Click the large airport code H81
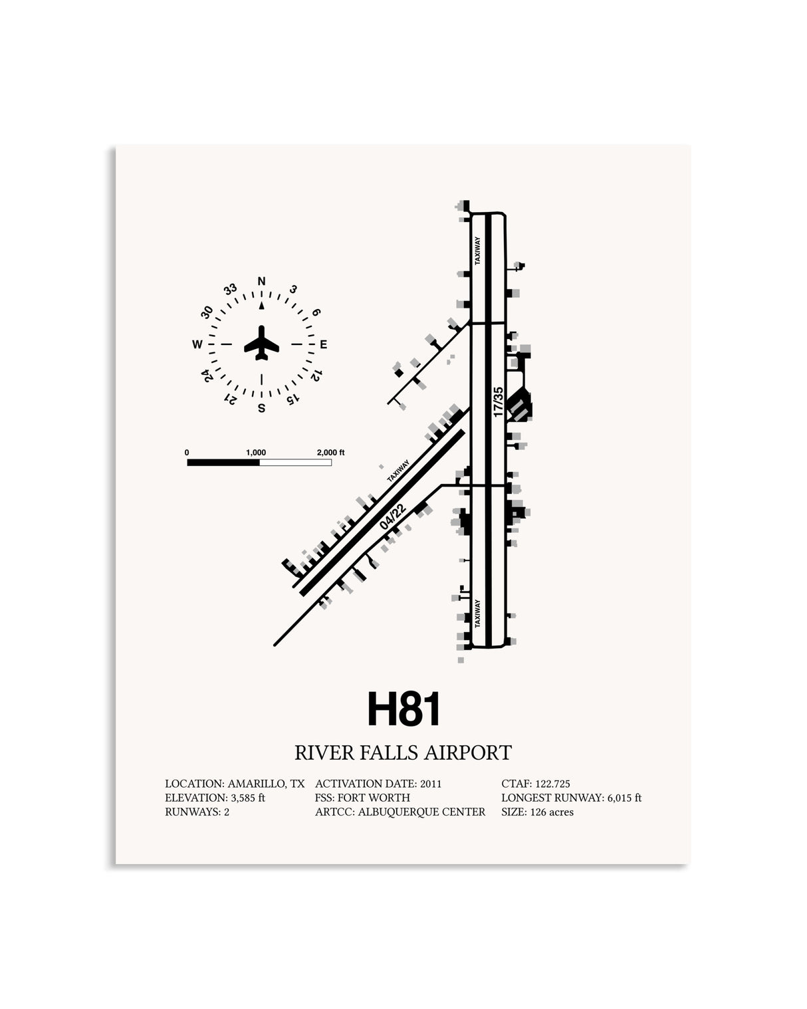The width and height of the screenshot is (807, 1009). click(403, 709)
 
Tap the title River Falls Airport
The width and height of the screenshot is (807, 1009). click(403, 752)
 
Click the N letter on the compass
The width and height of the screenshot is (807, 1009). click(262, 281)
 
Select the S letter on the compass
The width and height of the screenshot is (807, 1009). click(262, 408)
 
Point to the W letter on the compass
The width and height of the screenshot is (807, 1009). click(197, 344)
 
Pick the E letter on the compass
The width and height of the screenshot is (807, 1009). click(323, 344)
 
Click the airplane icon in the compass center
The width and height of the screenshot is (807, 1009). click(262, 343)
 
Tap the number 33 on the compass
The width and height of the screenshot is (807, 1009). click(230, 289)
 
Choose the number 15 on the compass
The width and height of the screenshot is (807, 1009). click(292, 399)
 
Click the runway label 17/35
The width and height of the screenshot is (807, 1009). click(498, 402)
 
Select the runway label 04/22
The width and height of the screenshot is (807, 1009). click(393, 516)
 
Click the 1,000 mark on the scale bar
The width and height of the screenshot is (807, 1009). click(256, 453)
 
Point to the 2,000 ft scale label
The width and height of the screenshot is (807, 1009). click(330, 453)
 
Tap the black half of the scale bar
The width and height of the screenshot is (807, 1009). click(223, 463)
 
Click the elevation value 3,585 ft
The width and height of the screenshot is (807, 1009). click(247, 798)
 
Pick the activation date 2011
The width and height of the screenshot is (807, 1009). click(431, 784)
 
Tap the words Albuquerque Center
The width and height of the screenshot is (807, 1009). click(421, 812)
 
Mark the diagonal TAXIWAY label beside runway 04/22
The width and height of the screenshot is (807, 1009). click(398, 471)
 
